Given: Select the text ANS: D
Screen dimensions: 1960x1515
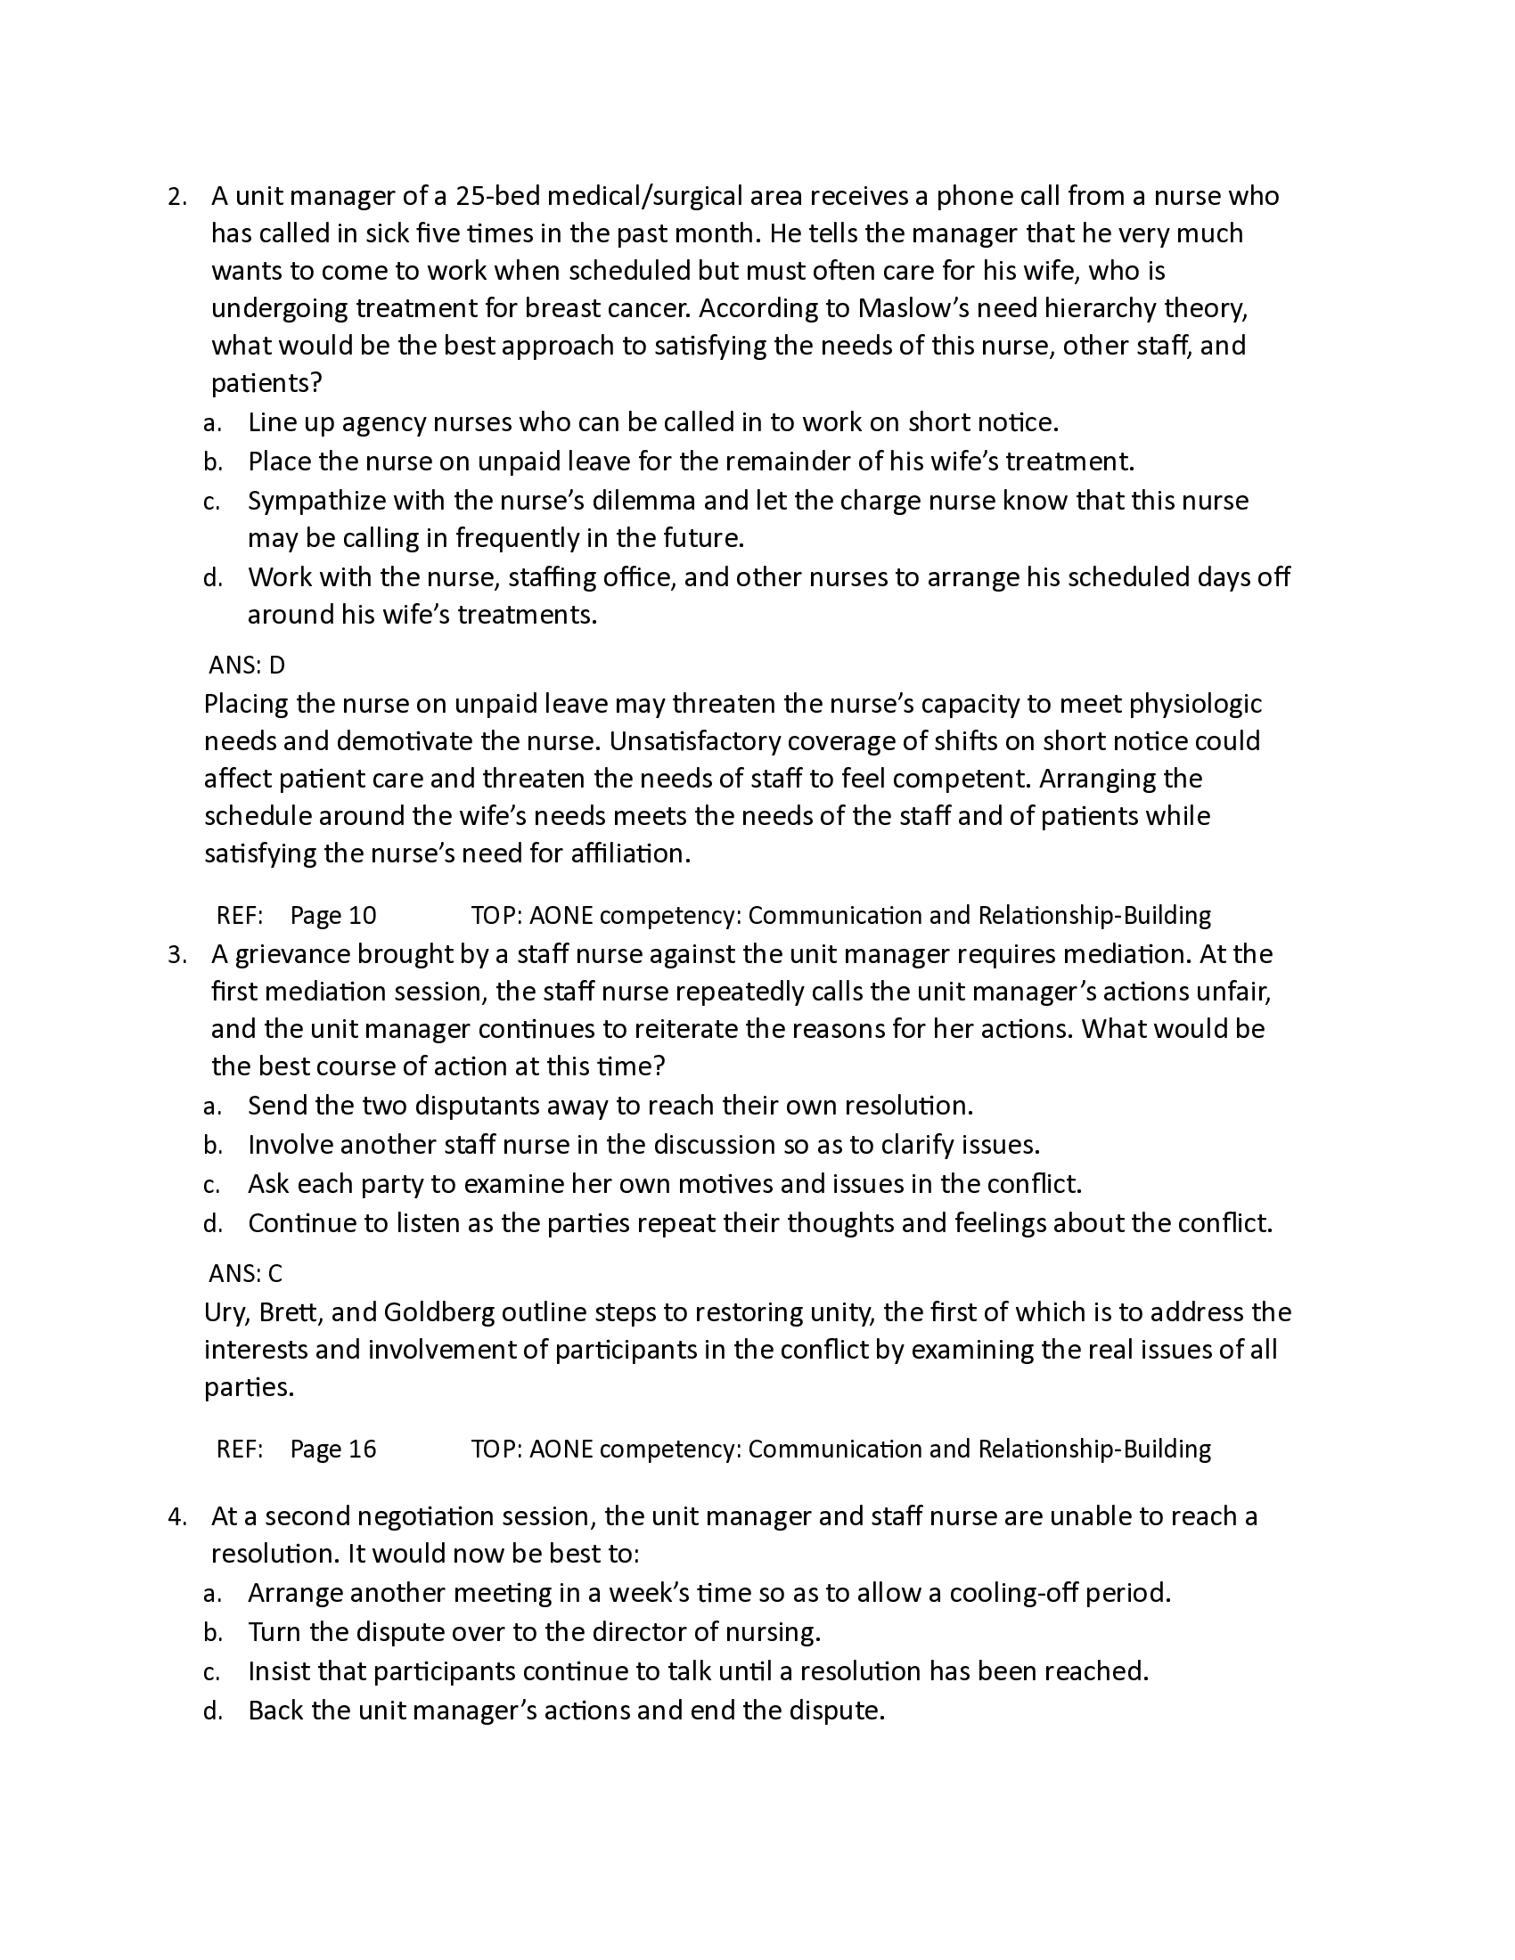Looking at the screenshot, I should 247,665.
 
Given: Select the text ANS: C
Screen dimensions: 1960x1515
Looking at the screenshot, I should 246,1272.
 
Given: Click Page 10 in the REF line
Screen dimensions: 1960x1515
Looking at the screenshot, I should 333,915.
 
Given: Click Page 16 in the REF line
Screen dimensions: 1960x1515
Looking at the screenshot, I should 333,1449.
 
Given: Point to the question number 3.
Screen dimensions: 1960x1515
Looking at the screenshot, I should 176,955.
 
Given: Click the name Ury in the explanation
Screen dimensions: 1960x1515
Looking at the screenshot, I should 224,1313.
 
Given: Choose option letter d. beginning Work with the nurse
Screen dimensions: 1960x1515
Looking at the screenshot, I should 213,578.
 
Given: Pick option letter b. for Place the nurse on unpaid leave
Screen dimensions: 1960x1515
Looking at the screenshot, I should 213,463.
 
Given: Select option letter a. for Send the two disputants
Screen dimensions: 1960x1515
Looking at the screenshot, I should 212,1107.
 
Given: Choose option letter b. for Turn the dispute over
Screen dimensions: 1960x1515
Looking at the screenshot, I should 213,1633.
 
